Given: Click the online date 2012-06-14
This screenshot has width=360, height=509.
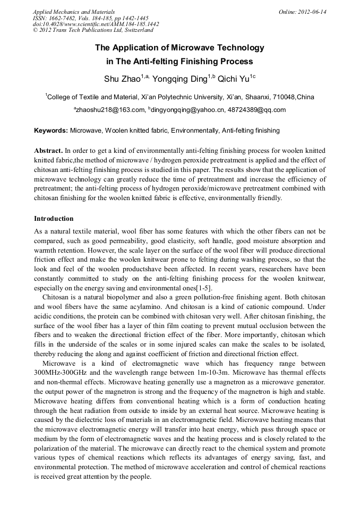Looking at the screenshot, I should pos(312,12).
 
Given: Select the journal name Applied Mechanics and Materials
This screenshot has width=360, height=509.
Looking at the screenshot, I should pos(74,12).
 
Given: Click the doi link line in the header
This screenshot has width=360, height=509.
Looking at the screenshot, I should pos(96,24).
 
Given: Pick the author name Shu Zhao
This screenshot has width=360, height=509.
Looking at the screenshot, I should pos(122,80).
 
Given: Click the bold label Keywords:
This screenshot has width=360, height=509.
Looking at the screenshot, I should pos(51,131).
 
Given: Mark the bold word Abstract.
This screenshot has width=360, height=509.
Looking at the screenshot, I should pos(49,151).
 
